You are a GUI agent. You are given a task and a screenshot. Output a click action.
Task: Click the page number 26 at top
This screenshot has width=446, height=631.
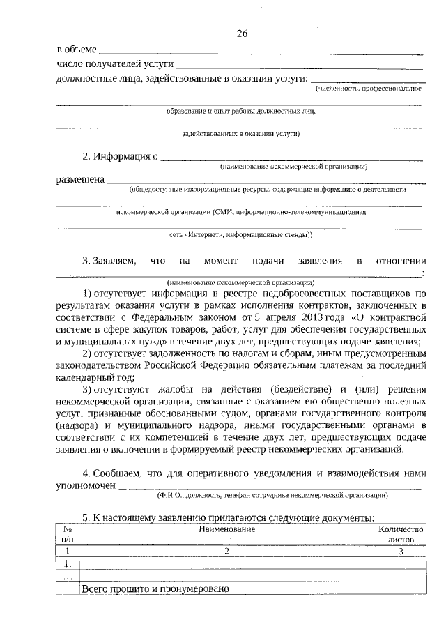point(242,33)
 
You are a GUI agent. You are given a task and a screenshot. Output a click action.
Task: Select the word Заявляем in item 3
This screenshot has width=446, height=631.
point(110,261)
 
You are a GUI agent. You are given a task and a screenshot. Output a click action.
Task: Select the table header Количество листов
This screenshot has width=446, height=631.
point(400,534)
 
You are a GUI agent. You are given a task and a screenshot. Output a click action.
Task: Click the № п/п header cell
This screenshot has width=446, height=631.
point(68,534)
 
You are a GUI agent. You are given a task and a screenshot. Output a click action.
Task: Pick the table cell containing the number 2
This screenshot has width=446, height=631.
point(226,551)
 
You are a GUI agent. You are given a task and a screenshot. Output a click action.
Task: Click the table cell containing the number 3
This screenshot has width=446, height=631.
point(401,551)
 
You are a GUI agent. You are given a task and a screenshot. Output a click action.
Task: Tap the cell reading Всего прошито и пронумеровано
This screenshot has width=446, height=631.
point(155,589)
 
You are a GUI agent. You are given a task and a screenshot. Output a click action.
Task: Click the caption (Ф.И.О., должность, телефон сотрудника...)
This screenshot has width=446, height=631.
point(272,496)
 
